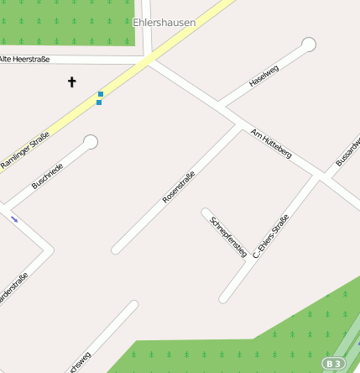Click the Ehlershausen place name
tap(164, 23)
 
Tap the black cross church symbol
tap(71, 82)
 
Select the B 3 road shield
tap(333, 363)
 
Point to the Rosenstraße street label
tap(179, 187)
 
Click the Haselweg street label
tap(263, 76)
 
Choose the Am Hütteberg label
tap(271, 144)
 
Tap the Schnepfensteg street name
tap(227, 235)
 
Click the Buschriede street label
tap(47, 174)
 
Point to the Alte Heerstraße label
tap(25, 60)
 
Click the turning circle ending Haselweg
tap(308, 44)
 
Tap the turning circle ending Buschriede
tap(90, 142)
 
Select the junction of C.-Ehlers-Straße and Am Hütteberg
tap(316, 176)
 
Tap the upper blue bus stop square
tap(101, 94)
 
